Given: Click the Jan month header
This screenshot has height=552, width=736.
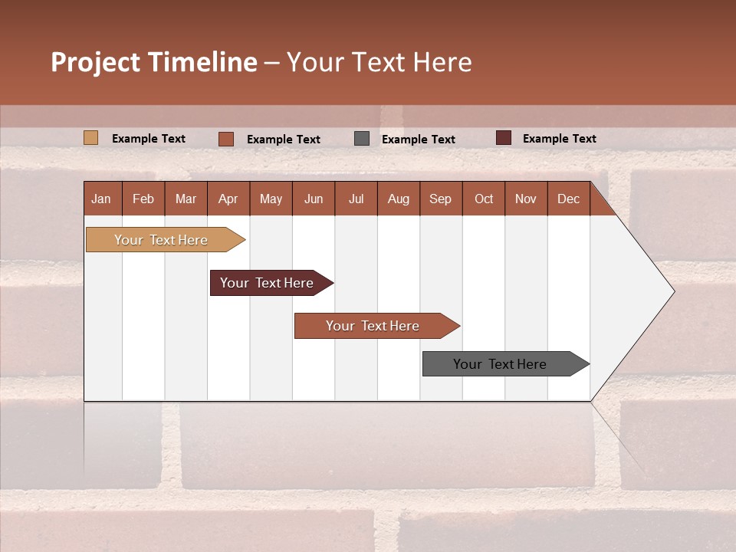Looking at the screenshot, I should click(101, 199).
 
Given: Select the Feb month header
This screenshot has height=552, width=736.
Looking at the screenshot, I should click(143, 199).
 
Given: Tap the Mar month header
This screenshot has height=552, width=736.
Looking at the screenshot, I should click(186, 199).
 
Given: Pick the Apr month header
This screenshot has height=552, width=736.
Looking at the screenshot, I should click(228, 199).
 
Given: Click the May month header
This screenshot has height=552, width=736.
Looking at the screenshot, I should click(271, 199).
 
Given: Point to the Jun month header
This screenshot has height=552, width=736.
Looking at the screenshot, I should click(314, 199).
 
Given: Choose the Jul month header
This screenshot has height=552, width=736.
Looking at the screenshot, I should click(356, 199).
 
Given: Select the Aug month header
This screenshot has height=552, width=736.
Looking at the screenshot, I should click(398, 199).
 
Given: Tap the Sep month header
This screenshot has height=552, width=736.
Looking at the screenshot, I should click(440, 199).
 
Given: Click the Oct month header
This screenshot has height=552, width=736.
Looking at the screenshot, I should click(484, 199).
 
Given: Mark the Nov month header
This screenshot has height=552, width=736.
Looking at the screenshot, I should click(525, 199).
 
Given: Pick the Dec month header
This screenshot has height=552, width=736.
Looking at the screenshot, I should click(568, 199).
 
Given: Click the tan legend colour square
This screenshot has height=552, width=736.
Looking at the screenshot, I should click(90, 138).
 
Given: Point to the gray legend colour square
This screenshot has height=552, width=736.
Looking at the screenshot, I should click(362, 139).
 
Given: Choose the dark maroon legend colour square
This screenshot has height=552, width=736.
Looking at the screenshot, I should click(503, 138).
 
